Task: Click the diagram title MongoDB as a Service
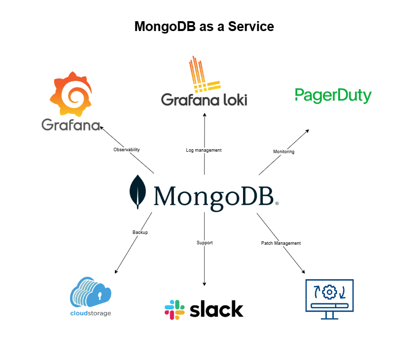click(x=204, y=26)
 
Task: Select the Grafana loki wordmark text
click(x=204, y=99)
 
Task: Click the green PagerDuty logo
click(x=333, y=95)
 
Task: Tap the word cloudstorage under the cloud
click(x=91, y=313)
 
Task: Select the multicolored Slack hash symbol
click(x=174, y=309)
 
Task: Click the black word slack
click(x=216, y=309)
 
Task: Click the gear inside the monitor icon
click(x=329, y=293)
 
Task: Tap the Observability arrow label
click(x=127, y=150)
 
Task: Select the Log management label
click(x=204, y=150)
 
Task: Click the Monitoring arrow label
click(x=284, y=152)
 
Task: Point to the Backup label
click(x=140, y=232)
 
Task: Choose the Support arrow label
click(x=205, y=243)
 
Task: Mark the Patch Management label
click(x=280, y=243)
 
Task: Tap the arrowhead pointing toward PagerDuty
click(x=307, y=131)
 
